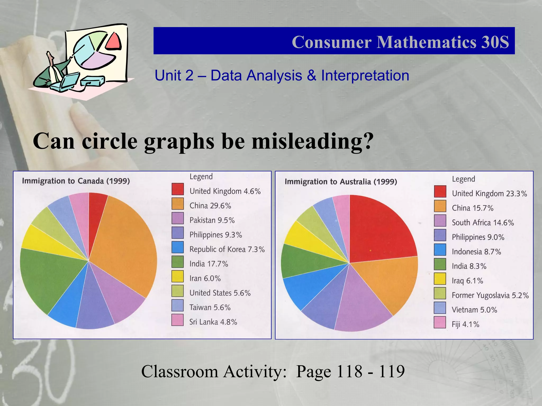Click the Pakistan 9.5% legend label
tap(212, 220)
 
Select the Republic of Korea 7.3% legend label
tap(227, 249)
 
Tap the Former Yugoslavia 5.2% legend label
tap(490, 295)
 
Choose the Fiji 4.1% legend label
tap(465, 324)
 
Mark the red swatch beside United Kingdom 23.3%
tap(440, 191)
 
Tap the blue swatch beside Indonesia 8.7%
tap(440, 250)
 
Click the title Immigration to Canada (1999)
tap(76, 181)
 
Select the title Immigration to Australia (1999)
tap(341, 182)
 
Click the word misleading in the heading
tap(312, 141)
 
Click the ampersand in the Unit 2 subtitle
tap(311, 76)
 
